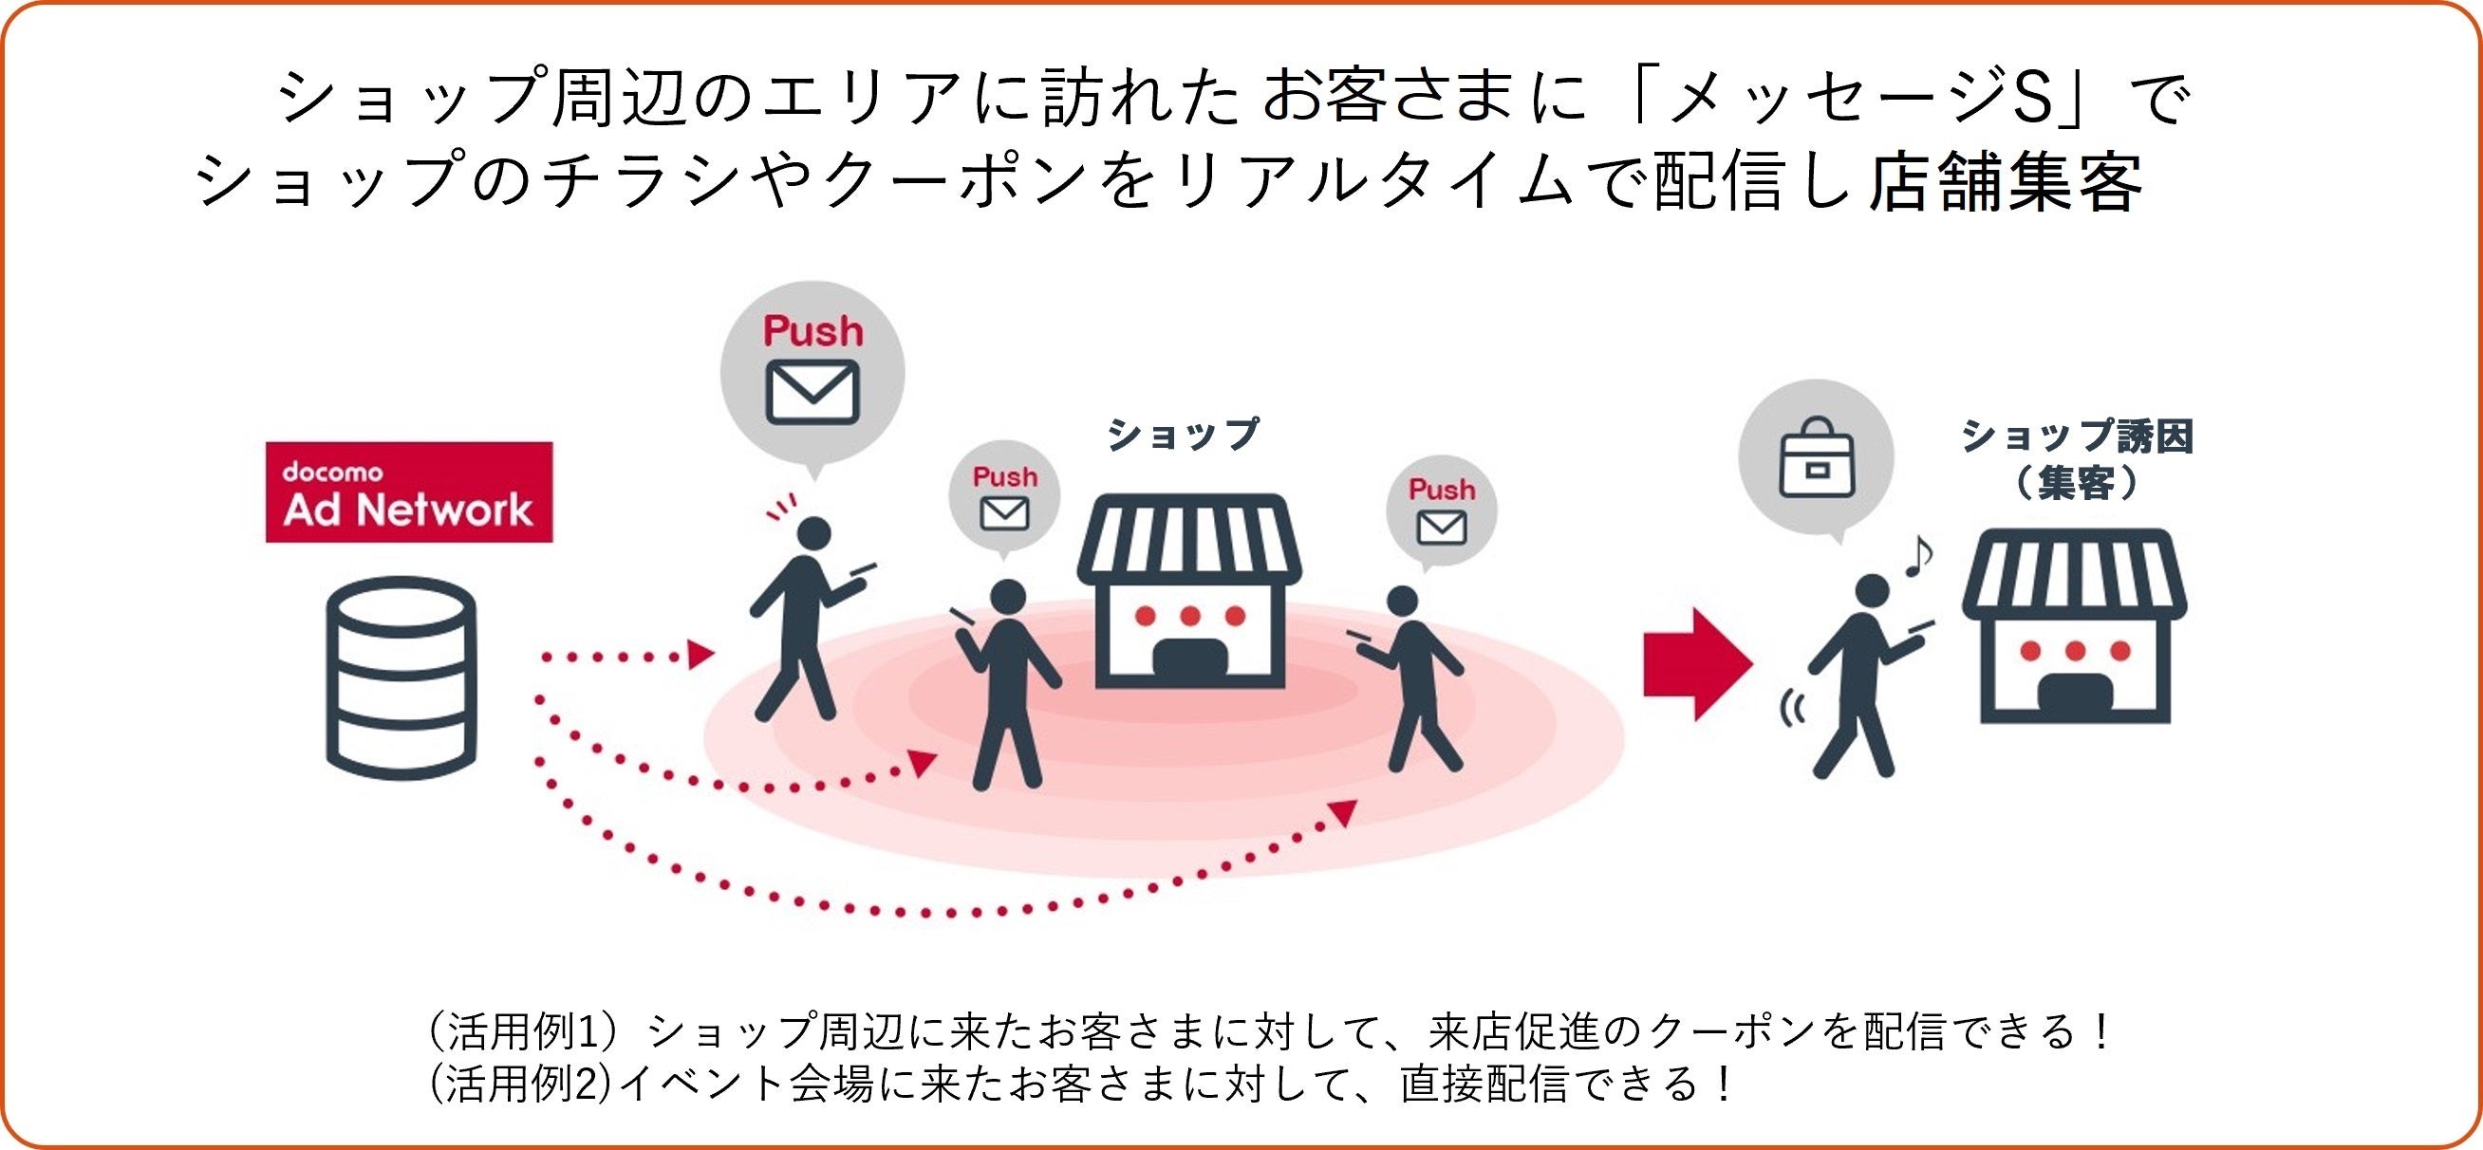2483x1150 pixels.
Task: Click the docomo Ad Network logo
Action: [x=409, y=492]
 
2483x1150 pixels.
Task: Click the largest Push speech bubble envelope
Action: [x=812, y=391]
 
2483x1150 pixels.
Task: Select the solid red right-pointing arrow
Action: [x=1696, y=664]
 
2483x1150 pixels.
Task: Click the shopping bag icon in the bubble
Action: [x=1816, y=457]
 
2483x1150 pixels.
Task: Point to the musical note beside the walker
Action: [x=1918, y=556]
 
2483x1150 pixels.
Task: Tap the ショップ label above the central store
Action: [x=1183, y=435]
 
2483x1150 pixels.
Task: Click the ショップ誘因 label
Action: [x=2077, y=437]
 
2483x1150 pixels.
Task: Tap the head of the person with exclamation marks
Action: [x=814, y=533]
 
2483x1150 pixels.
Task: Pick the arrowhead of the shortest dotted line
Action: [x=700, y=656]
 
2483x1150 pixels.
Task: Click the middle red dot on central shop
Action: [x=1189, y=615]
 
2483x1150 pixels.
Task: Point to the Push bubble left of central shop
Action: [x=1004, y=496]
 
